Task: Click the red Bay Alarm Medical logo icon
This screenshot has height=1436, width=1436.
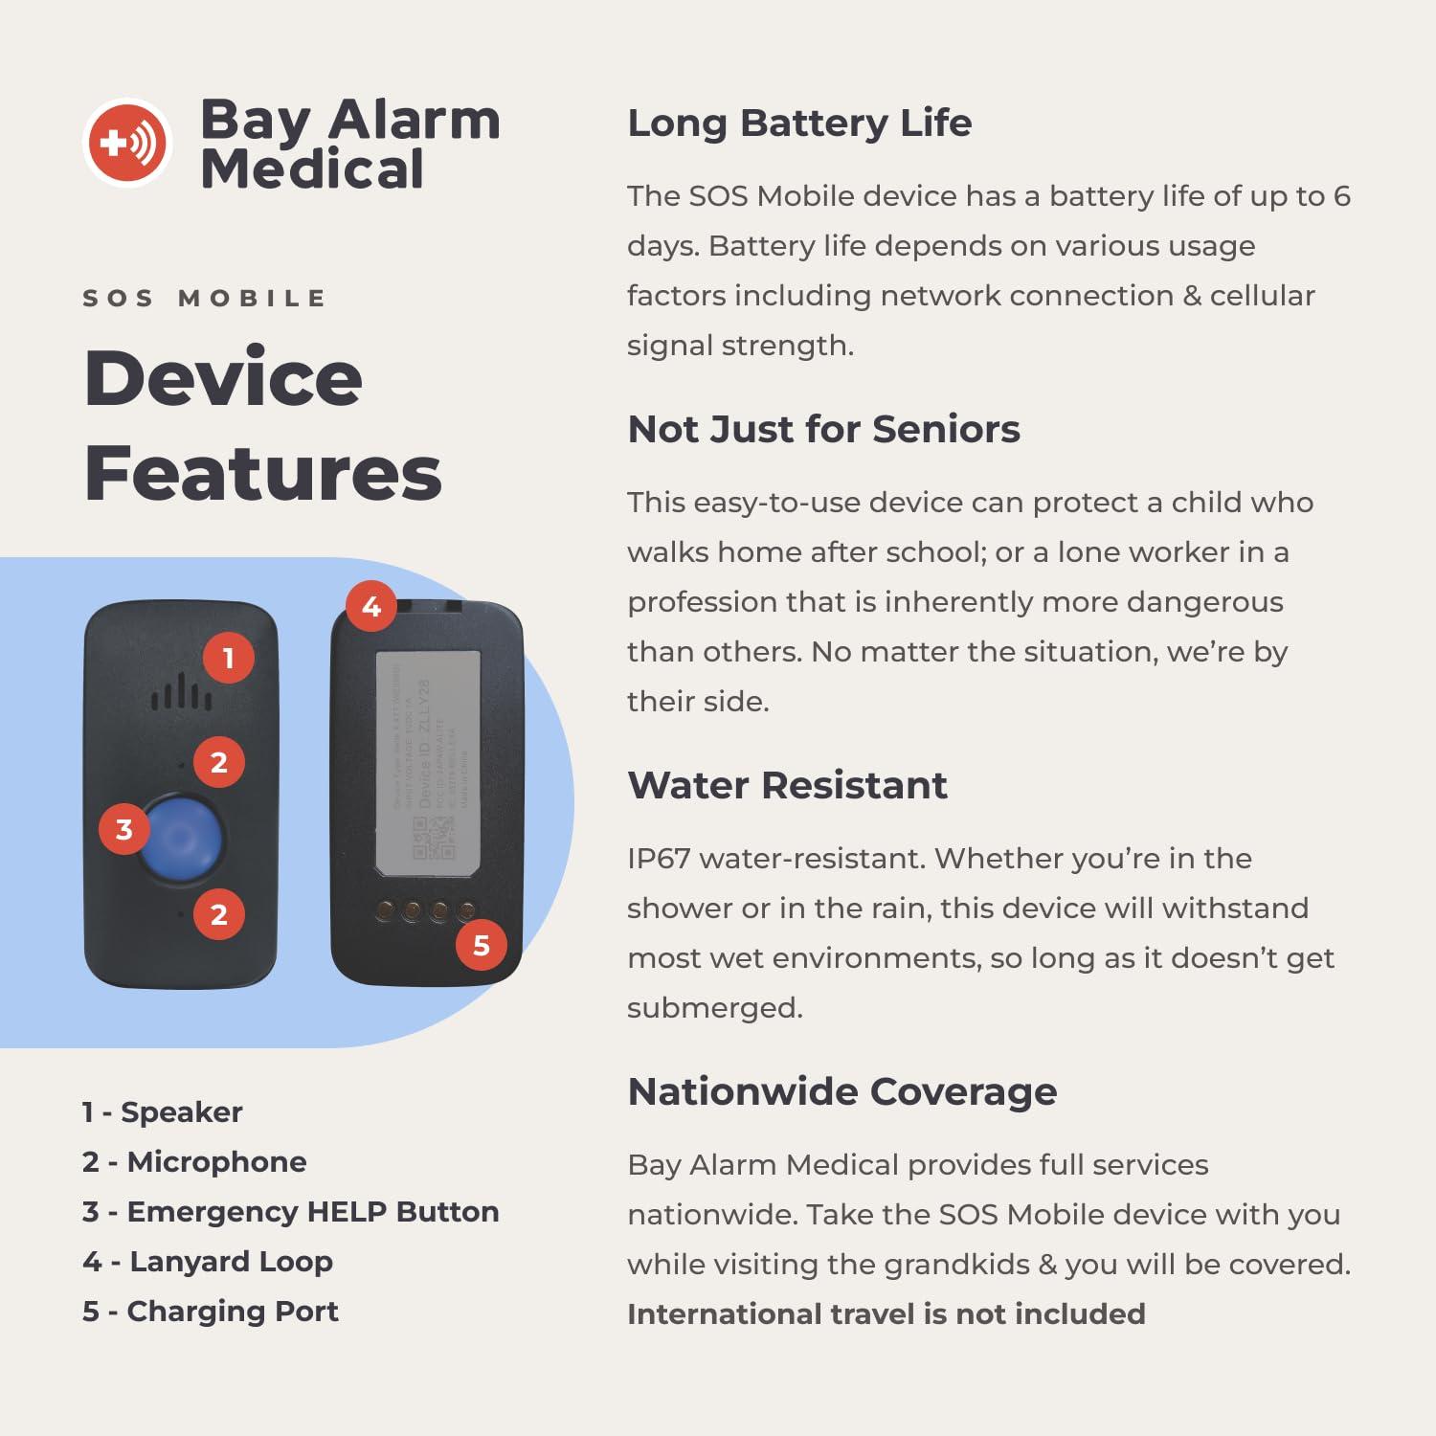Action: pyautogui.click(x=127, y=143)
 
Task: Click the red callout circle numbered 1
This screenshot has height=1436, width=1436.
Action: pyautogui.click(x=228, y=659)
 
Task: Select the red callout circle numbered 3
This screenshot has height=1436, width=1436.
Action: pyautogui.click(x=124, y=829)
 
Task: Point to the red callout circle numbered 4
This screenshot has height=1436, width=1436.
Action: pyautogui.click(x=371, y=606)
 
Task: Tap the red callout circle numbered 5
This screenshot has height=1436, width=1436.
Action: pyautogui.click(x=482, y=946)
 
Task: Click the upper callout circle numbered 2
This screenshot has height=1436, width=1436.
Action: pyautogui.click(x=219, y=762)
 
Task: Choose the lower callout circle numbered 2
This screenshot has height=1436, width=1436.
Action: pyautogui.click(x=219, y=914)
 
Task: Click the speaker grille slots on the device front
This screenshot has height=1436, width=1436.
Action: pyautogui.click(x=181, y=693)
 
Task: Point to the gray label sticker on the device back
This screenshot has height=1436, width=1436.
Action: pyautogui.click(x=427, y=763)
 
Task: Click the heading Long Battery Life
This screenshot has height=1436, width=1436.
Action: pyautogui.click(x=799, y=123)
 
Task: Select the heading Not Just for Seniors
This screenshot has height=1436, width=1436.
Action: pyautogui.click(x=823, y=430)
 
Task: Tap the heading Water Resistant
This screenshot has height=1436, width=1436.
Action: pyautogui.click(x=787, y=786)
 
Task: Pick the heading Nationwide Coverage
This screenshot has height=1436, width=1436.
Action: pyautogui.click(x=841, y=1092)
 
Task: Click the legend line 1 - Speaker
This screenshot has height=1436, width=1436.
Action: pyautogui.click(x=163, y=1112)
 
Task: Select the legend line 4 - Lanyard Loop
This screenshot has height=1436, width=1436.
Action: pyautogui.click(x=208, y=1262)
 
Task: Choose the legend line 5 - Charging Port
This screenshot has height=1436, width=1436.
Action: pyautogui.click(x=211, y=1312)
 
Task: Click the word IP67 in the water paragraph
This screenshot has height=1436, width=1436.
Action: pyautogui.click(x=659, y=859)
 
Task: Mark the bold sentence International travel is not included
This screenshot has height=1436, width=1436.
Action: pyautogui.click(x=886, y=1314)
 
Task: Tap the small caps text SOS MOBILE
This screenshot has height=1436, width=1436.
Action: pyautogui.click(x=205, y=299)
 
